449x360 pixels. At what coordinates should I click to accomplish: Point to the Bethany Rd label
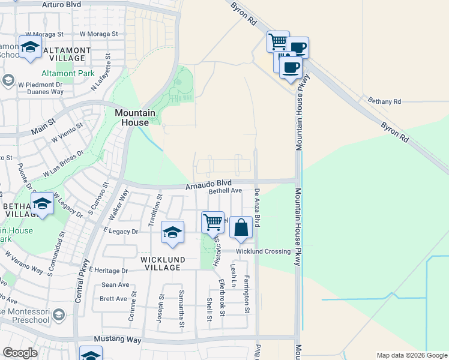pyautogui.click(x=384, y=101)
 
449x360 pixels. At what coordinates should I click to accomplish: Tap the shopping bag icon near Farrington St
pyautogui.click(x=241, y=229)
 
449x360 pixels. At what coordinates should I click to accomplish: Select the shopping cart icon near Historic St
pyautogui.click(x=213, y=223)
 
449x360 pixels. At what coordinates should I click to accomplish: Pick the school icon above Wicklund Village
pyautogui.click(x=172, y=232)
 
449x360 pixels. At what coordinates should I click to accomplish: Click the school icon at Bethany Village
pyautogui.click(x=43, y=205)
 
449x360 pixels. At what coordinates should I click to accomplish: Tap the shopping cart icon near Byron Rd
pyautogui.click(x=278, y=42)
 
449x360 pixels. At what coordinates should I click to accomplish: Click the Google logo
pyautogui.click(x=20, y=353)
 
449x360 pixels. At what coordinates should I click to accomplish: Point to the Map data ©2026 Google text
pyautogui.click(x=411, y=355)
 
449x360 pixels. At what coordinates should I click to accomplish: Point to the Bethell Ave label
pyautogui.click(x=225, y=191)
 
